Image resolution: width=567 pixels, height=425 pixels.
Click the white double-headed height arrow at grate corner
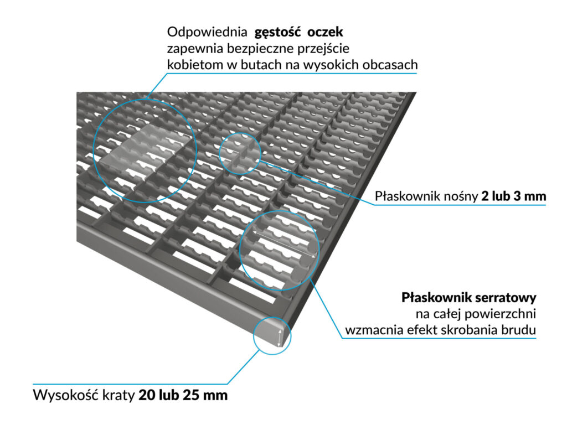[281, 335]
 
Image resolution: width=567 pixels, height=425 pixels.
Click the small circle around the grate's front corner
[272, 335]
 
